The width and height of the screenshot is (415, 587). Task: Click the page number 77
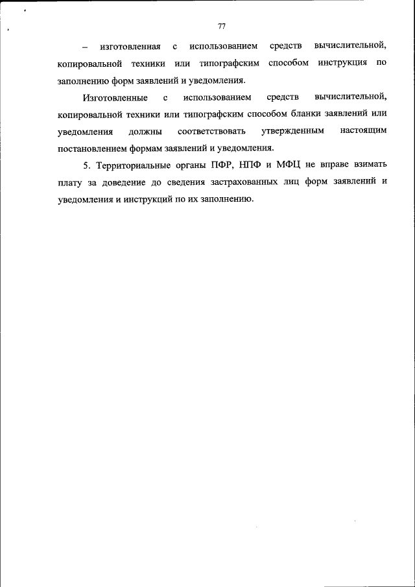[x=222, y=27]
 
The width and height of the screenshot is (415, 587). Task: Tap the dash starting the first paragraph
[x=84, y=47]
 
